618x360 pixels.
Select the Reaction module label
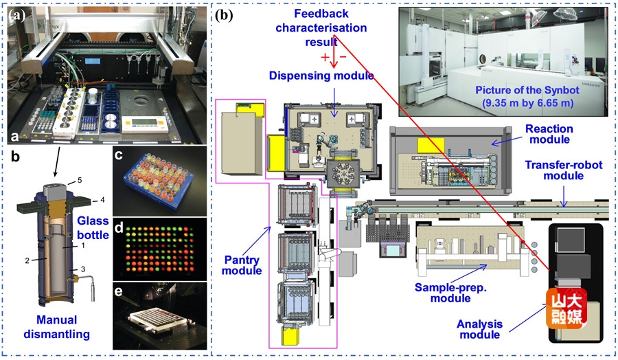[x=548, y=135]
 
